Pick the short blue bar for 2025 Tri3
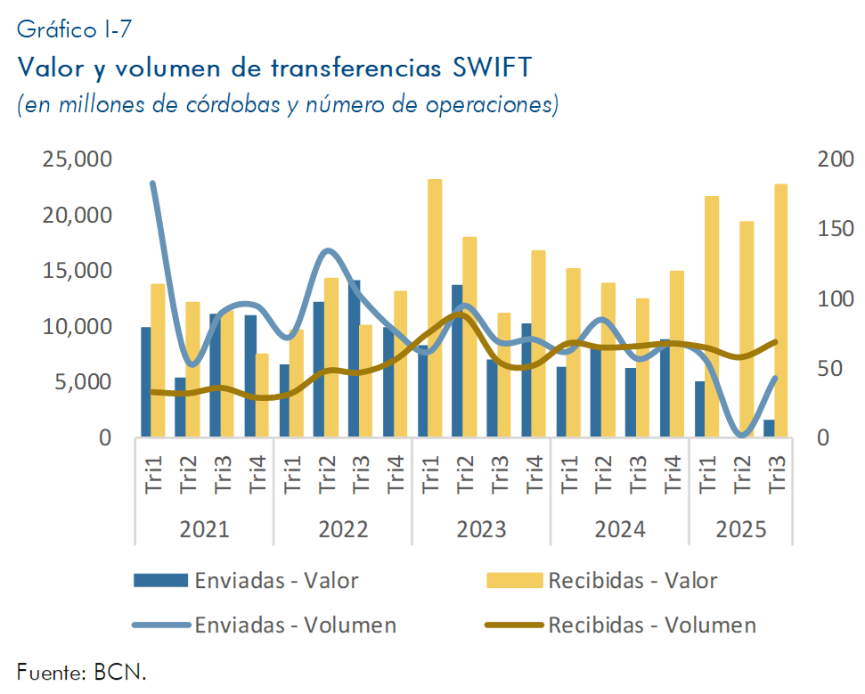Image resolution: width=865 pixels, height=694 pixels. click(x=769, y=429)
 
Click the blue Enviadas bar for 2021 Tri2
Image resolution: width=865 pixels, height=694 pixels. click(x=181, y=407)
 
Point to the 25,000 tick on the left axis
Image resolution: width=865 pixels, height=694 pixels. click(x=77, y=159)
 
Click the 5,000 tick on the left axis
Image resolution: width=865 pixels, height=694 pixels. click(x=81, y=382)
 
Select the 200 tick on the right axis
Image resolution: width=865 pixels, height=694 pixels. click(x=835, y=159)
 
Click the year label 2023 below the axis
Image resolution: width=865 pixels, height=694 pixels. click(x=482, y=529)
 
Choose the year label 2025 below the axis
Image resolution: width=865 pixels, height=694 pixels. click(x=741, y=529)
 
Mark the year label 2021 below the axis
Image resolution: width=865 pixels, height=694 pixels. click(x=204, y=529)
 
